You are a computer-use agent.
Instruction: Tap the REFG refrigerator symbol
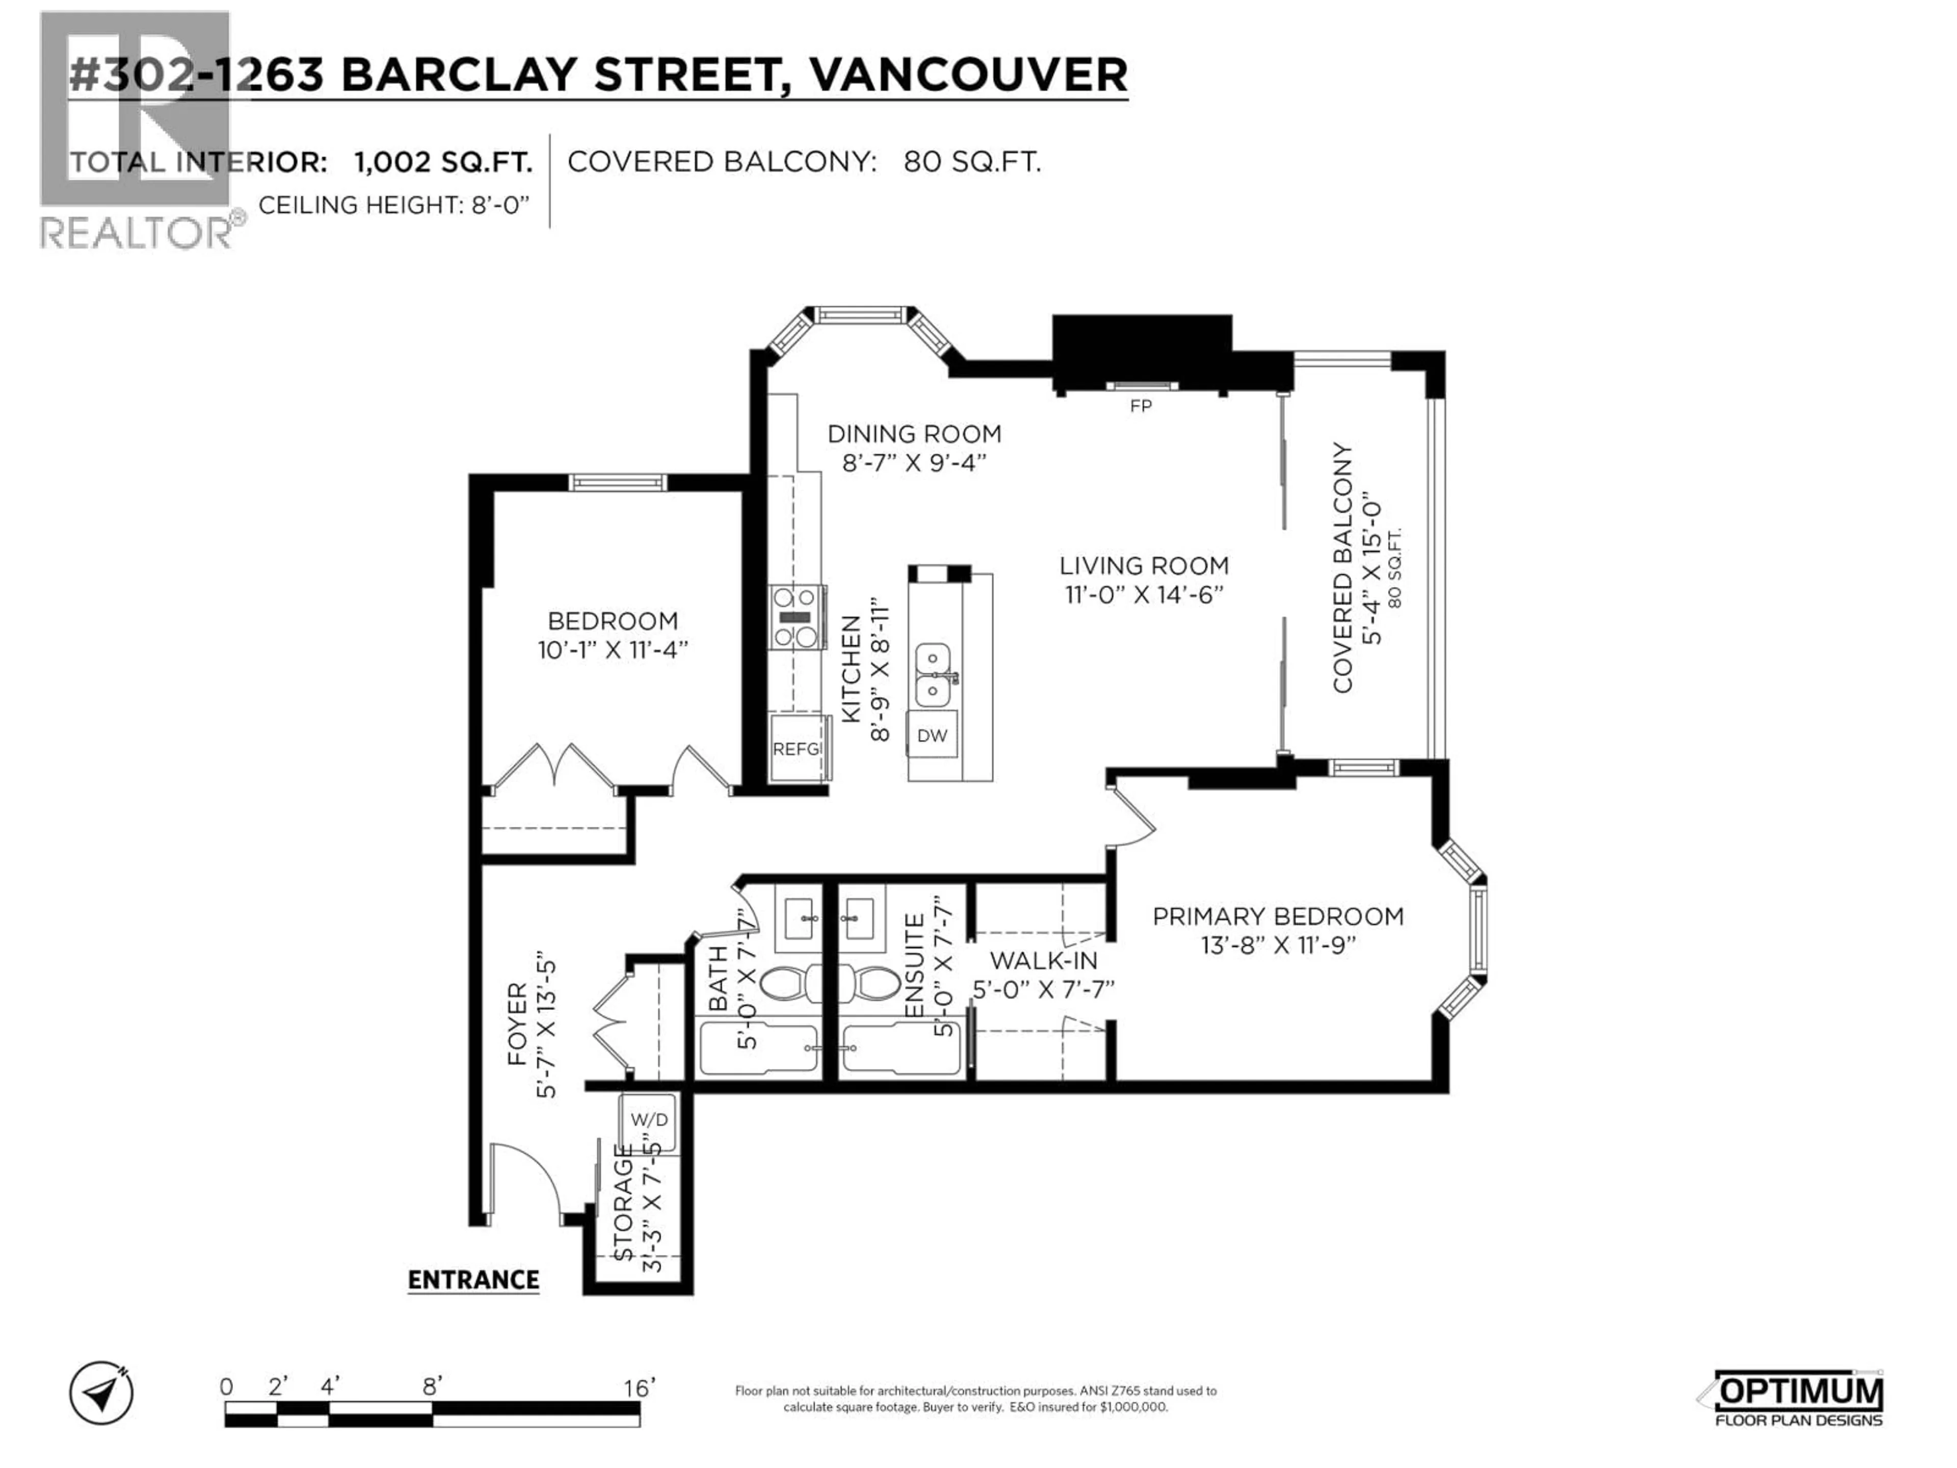[796, 749]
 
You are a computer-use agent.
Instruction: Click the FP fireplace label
[1141, 406]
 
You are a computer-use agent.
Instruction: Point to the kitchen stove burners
[796, 618]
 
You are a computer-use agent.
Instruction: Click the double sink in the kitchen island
[933, 674]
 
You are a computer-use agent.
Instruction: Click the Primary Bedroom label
[1278, 916]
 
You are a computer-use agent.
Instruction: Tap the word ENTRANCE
[473, 1279]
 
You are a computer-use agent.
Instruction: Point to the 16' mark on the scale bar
[638, 1387]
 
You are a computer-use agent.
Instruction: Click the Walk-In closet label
[1043, 960]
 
